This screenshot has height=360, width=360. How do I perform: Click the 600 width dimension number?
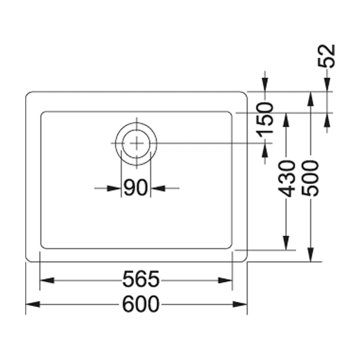point(140,304)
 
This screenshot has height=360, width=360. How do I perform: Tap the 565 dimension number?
point(141,280)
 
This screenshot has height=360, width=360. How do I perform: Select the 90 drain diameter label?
point(135,188)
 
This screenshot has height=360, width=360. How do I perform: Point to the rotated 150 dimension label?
point(265,120)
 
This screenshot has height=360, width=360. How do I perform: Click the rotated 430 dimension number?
point(286,179)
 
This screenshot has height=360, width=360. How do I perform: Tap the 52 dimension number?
point(326,56)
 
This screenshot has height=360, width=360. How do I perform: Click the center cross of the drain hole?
point(136,143)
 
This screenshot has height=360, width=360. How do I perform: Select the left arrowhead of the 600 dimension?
point(33,305)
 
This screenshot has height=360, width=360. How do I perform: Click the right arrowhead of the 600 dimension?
point(240,305)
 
